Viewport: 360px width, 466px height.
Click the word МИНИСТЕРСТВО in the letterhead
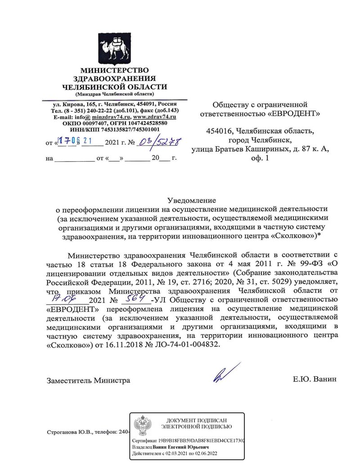tap(114, 70)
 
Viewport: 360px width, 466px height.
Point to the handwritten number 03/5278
tap(158, 143)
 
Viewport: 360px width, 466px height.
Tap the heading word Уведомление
tap(192, 199)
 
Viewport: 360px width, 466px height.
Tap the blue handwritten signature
tap(224, 372)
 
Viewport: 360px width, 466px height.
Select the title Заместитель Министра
tap(88, 380)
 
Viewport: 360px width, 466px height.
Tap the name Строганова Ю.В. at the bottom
tap(68, 431)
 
